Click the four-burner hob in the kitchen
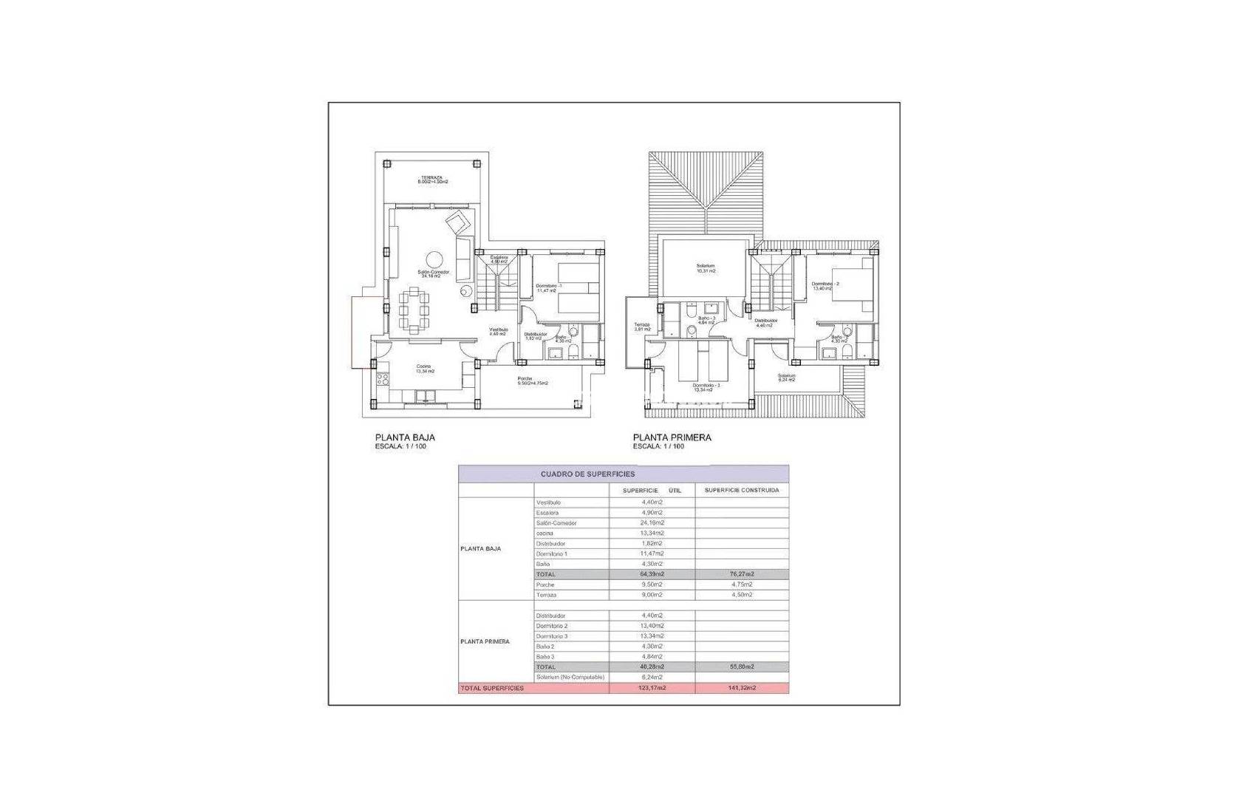pyautogui.click(x=383, y=379)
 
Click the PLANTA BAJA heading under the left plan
pyautogui.click(x=405, y=437)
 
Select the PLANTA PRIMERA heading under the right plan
pyautogui.click(x=672, y=437)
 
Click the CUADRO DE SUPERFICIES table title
pyautogui.click(x=587, y=474)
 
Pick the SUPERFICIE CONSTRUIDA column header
pyautogui.click(x=741, y=490)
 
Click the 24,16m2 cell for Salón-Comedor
pyautogui.click(x=652, y=522)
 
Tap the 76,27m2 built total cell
pyautogui.click(x=741, y=574)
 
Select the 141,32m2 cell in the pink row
pyautogui.click(x=741, y=688)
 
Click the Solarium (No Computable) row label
pyautogui.click(x=570, y=677)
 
